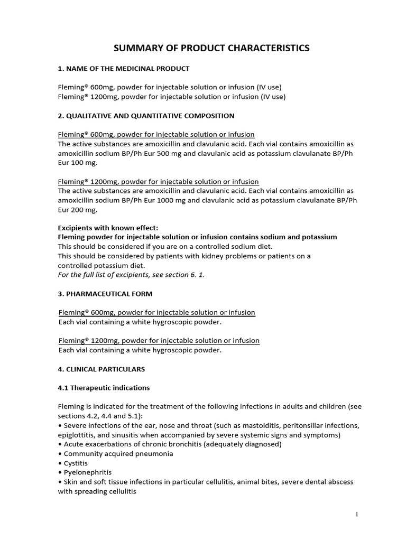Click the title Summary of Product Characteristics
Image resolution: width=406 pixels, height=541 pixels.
211,49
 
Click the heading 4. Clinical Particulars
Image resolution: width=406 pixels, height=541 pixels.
101,369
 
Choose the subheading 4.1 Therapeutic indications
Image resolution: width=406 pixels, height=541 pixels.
104,388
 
